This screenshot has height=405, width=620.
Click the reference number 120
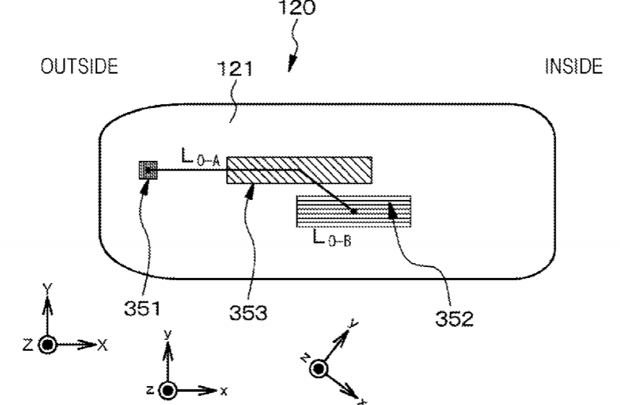297,8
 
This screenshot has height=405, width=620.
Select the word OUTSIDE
79,66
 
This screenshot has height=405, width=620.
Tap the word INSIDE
574,66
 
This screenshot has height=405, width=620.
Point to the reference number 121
235,69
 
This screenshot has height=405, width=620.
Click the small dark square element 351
148,170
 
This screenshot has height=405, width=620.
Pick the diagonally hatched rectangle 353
300,170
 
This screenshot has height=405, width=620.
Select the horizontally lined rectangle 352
354,211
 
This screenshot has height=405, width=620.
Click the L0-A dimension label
200,158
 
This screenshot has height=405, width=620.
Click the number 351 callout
143,309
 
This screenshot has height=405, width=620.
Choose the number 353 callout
248,313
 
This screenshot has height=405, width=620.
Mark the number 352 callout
455,318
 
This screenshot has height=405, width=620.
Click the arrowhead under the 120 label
292,65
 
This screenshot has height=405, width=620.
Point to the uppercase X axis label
102,345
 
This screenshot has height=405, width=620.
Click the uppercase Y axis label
48,288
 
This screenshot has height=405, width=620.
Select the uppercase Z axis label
27,345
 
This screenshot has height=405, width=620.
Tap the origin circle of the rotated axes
318,369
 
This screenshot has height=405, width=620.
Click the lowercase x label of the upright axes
224,391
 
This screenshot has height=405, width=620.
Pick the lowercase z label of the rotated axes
305,358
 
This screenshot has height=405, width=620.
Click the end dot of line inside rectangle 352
354,212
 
